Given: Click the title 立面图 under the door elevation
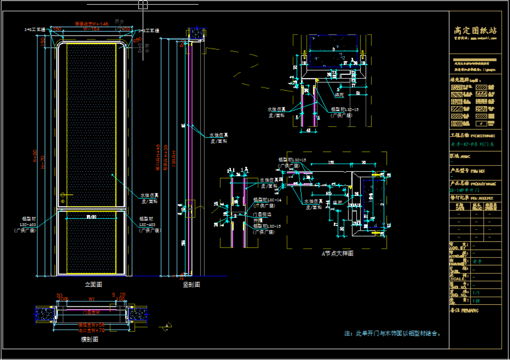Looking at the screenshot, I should click(93, 285).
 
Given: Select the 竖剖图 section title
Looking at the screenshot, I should click(191, 285).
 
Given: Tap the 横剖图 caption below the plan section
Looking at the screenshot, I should click(89, 339).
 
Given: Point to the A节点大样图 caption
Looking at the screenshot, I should click(337, 254).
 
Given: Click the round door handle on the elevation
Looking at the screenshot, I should click(63, 195).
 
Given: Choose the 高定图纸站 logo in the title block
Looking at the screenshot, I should click(475, 30).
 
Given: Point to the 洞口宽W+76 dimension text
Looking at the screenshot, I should click(91, 331).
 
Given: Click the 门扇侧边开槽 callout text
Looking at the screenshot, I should click(262, 218).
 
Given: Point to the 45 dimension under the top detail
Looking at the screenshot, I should click(308, 130).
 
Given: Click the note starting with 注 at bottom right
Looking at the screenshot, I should click(393, 333).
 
